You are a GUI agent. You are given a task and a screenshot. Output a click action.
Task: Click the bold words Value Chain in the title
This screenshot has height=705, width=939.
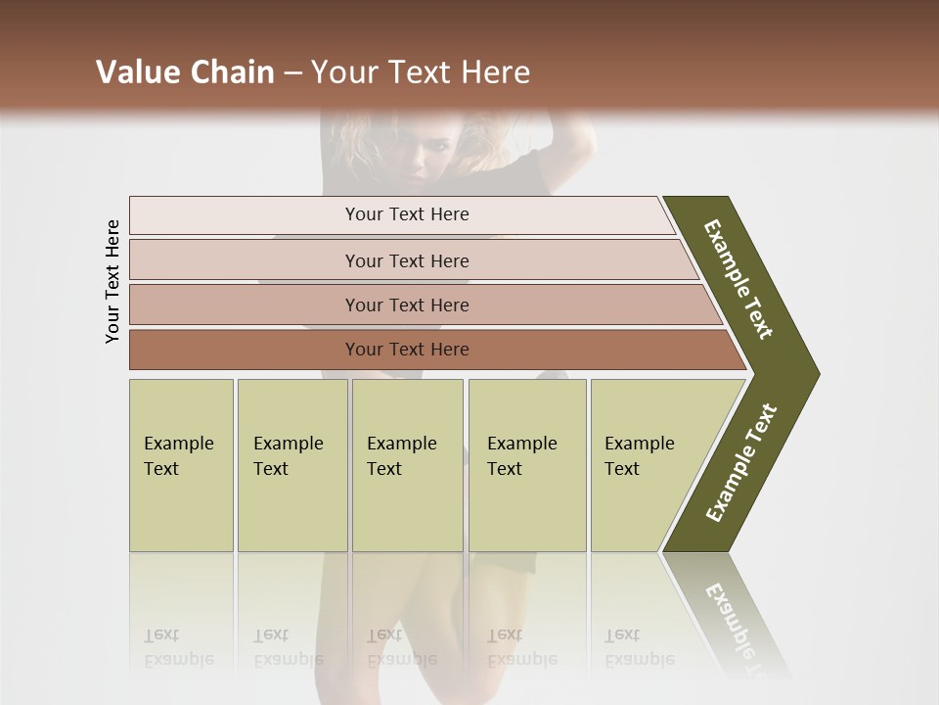pyautogui.click(x=185, y=72)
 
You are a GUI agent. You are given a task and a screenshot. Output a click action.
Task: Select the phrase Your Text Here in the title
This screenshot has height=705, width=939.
pyautogui.click(x=421, y=72)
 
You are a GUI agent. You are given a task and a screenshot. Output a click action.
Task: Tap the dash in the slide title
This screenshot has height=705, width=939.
pyautogui.click(x=292, y=73)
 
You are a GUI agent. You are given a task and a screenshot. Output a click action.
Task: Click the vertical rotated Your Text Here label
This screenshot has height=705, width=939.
pyautogui.click(x=112, y=281)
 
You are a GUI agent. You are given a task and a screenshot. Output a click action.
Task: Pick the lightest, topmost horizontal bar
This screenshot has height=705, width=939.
pyautogui.click(x=406, y=214)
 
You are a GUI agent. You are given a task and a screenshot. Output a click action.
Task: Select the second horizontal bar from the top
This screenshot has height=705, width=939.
pyautogui.click(x=406, y=260)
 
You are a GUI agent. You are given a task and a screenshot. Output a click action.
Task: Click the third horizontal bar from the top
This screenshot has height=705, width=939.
pyautogui.click(x=406, y=305)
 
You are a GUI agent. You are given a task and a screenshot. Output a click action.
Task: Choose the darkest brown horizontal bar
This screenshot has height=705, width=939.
pyautogui.click(x=406, y=350)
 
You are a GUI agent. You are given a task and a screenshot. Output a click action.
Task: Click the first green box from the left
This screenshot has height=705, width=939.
pyautogui.click(x=181, y=465)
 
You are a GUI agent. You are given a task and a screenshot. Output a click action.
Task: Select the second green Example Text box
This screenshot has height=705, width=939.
pyautogui.click(x=291, y=465)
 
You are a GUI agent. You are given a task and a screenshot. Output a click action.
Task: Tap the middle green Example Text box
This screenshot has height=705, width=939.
pyautogui.click(x=407, y=465)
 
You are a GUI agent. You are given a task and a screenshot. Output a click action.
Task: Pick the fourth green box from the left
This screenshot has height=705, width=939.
pyautogui.click(x=526, y=465)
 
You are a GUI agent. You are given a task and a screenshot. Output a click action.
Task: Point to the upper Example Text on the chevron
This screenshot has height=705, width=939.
pyautogui.click(x=738, y=279)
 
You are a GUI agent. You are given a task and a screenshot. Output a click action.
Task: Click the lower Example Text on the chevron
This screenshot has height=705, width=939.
pyautogui.click(x=741, y=462)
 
